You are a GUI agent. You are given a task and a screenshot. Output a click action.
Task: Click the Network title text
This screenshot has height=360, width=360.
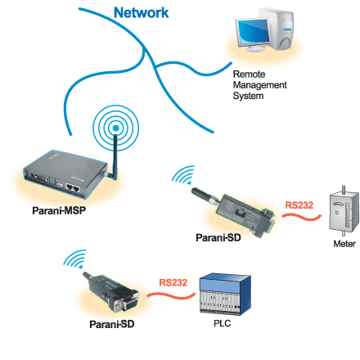(141, 13)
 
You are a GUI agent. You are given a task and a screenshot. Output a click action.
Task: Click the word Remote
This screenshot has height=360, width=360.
(249, 74)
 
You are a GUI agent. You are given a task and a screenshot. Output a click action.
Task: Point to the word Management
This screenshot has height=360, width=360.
(259, 85)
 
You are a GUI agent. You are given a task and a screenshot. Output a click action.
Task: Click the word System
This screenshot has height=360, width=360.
(248, 96)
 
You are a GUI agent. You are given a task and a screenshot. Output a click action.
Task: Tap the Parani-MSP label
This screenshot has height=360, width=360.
(59, 210)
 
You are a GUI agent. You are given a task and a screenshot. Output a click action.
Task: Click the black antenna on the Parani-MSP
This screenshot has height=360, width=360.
(115, 157)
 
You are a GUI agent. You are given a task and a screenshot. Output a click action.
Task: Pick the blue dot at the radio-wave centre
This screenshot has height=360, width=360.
(115, 128)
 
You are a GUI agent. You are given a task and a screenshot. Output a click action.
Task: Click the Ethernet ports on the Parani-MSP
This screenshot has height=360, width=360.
(73, 187)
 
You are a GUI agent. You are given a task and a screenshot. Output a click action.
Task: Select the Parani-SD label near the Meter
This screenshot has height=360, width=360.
(218, 237)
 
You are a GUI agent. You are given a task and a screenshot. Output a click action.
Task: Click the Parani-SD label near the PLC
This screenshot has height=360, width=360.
(112, 324)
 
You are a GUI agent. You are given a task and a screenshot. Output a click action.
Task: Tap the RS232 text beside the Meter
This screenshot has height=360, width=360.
(299, 205)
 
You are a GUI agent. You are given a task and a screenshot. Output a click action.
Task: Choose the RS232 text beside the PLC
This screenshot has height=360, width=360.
(173, 282)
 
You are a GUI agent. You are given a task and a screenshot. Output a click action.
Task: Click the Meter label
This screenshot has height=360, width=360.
(344, 244)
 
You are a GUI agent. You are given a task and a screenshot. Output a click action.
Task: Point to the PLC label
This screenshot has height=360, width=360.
(223, 323)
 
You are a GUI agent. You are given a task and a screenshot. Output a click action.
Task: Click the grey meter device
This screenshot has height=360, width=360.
(344, 212)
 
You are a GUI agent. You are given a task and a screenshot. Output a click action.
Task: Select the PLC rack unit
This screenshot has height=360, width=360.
(225, 295)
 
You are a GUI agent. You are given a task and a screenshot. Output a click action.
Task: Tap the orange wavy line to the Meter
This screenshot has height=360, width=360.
(301, 217)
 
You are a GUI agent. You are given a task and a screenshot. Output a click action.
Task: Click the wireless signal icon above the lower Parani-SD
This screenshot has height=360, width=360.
(75, 259)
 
